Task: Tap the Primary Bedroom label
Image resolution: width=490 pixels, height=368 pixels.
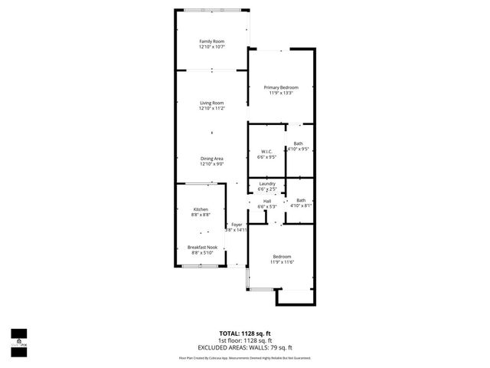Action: [x=281, y=87]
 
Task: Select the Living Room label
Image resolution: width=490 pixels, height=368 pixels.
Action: [x=211, y=103]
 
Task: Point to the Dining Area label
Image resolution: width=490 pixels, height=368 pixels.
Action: [x=211, y=159]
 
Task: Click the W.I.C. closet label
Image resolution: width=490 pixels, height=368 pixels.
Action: [x=266, y=151]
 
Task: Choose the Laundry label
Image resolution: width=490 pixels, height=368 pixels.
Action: [x=266, y=184]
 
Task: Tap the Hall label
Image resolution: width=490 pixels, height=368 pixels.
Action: [x=267, y=201]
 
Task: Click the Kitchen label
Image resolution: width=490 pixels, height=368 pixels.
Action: [x=201, y=209]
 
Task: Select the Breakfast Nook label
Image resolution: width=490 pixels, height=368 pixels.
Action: [x=202, y=247]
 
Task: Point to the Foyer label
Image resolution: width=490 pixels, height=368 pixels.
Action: [x=237, y=224]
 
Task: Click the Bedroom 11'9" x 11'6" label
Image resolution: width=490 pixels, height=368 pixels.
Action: [x=282, y=256]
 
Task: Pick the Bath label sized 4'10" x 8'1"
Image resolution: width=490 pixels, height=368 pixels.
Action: [x=301, y=200]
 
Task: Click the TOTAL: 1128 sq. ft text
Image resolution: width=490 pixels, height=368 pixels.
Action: [x=246, y=333]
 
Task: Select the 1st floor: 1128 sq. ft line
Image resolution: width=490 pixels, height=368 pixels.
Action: [x=246, y=340]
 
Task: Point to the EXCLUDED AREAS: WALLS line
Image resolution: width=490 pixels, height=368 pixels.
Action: [x=246, y=347]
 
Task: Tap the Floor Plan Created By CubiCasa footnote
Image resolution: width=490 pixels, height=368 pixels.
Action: [x=245, y=357]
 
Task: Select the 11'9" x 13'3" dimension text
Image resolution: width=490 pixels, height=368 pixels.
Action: [x=281, y=94]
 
